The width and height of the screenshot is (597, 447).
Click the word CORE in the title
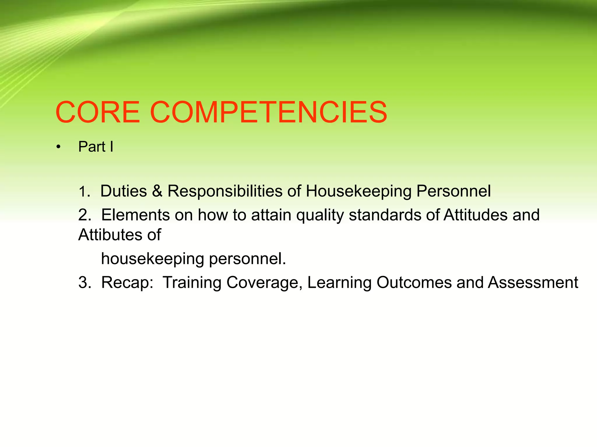pyautogui.click(x=98, y=112)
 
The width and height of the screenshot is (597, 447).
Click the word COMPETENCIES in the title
pyautogui.click(x=268, y=112)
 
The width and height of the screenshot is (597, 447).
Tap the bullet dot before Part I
pyautogui.click(x=59, y=148)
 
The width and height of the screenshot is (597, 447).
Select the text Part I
pyautogui.click(x=96, y=147)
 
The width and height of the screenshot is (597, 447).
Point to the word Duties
pyautogui.click(x=124, y=191)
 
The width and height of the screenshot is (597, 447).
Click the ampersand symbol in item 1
pyautogui.click(x=157, y=191)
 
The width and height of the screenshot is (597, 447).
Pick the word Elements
pyautogui.click(x=136, y=215)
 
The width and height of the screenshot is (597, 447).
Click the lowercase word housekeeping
pyautogui.click(x=152, y=259)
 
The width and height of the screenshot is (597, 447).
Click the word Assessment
pyautogui.click(x=533, y=283)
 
